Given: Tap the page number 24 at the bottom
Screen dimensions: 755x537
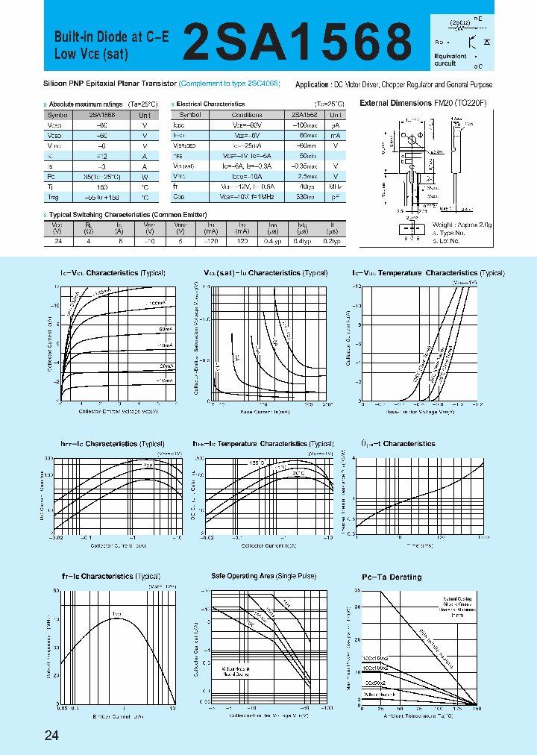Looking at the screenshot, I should coord(51,736).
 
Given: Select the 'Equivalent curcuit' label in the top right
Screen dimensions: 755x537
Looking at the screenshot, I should coord(450,60).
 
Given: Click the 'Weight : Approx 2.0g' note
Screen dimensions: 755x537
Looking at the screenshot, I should coord(462,224).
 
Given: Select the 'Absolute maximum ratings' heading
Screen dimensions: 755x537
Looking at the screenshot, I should coord(83,104).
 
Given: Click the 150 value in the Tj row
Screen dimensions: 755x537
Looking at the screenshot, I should coord(102,187).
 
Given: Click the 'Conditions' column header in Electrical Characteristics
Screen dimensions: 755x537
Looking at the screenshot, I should coord(246,115).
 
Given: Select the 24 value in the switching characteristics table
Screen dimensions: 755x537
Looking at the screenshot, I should coord(57,242).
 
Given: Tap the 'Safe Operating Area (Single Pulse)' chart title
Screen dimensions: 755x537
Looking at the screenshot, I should coord(263,577).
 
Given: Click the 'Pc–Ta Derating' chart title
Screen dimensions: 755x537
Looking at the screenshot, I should coord(392,577).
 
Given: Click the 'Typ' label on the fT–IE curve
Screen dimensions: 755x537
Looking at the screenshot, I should coord(116,614).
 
